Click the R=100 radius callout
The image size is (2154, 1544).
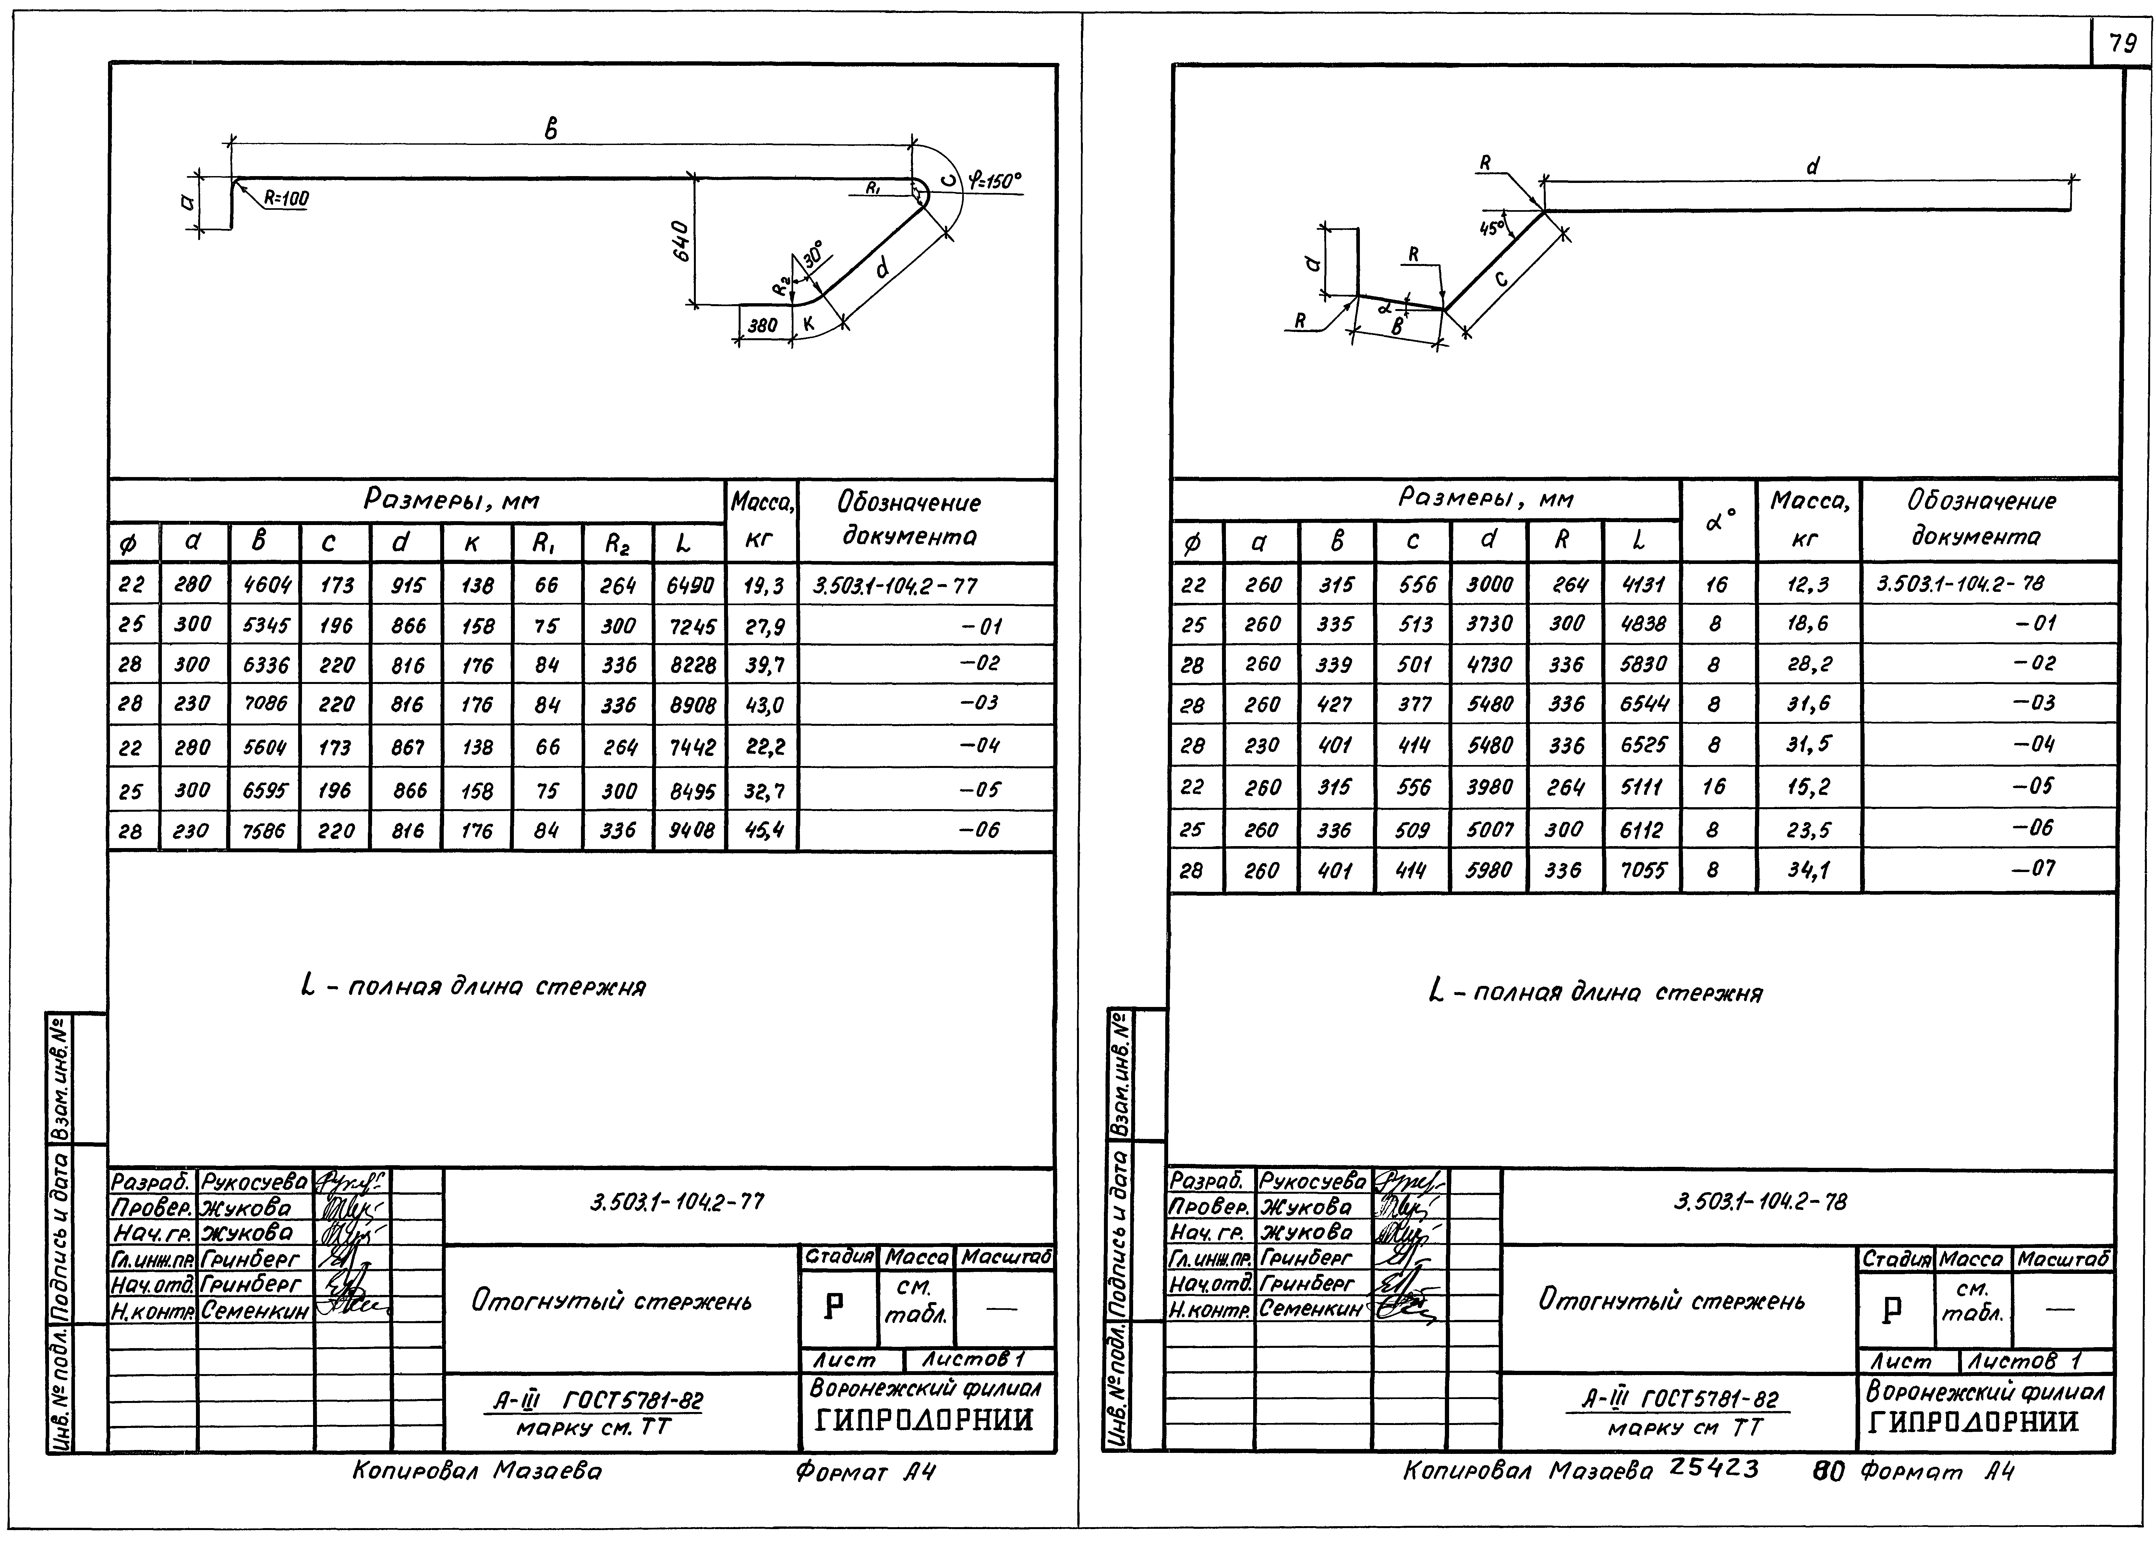(x=285, y=198)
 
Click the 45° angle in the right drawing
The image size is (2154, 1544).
(x=1492, y=228)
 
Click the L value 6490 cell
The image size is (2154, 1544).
(x=690, y=585)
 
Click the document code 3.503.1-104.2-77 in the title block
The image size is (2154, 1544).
(x=676, y=1202)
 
